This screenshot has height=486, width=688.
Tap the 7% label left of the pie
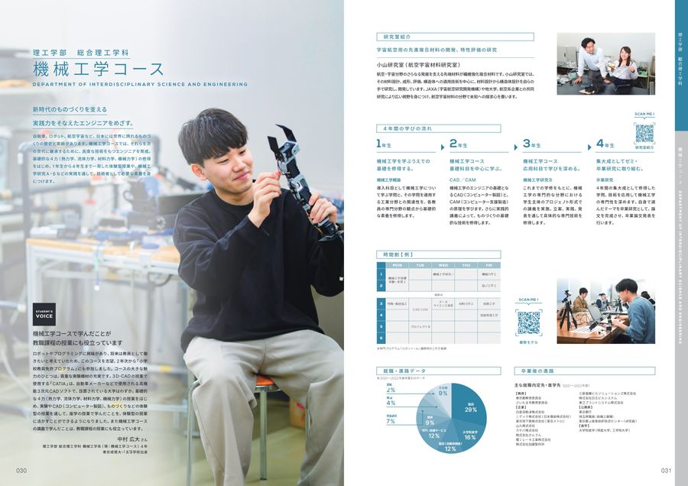(x=390, y=420)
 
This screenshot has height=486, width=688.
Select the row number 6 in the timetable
(x=379, y=337)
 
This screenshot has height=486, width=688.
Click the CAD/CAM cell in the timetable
(x=420, y=309)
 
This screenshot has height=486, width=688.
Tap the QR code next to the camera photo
(x=528, y=322)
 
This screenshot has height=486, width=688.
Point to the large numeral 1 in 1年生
(x=378, y=144)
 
